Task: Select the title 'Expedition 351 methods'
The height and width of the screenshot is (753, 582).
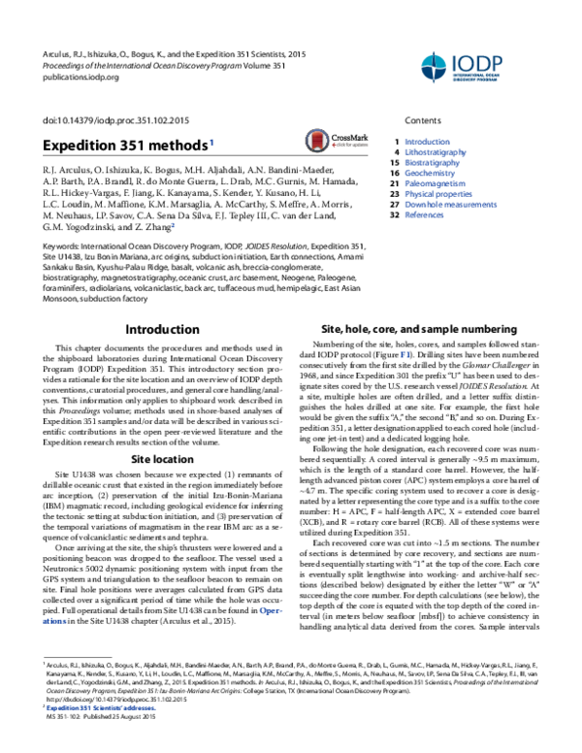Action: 124,145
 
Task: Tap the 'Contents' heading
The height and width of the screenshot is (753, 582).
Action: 423,120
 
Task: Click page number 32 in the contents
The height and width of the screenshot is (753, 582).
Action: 394,215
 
